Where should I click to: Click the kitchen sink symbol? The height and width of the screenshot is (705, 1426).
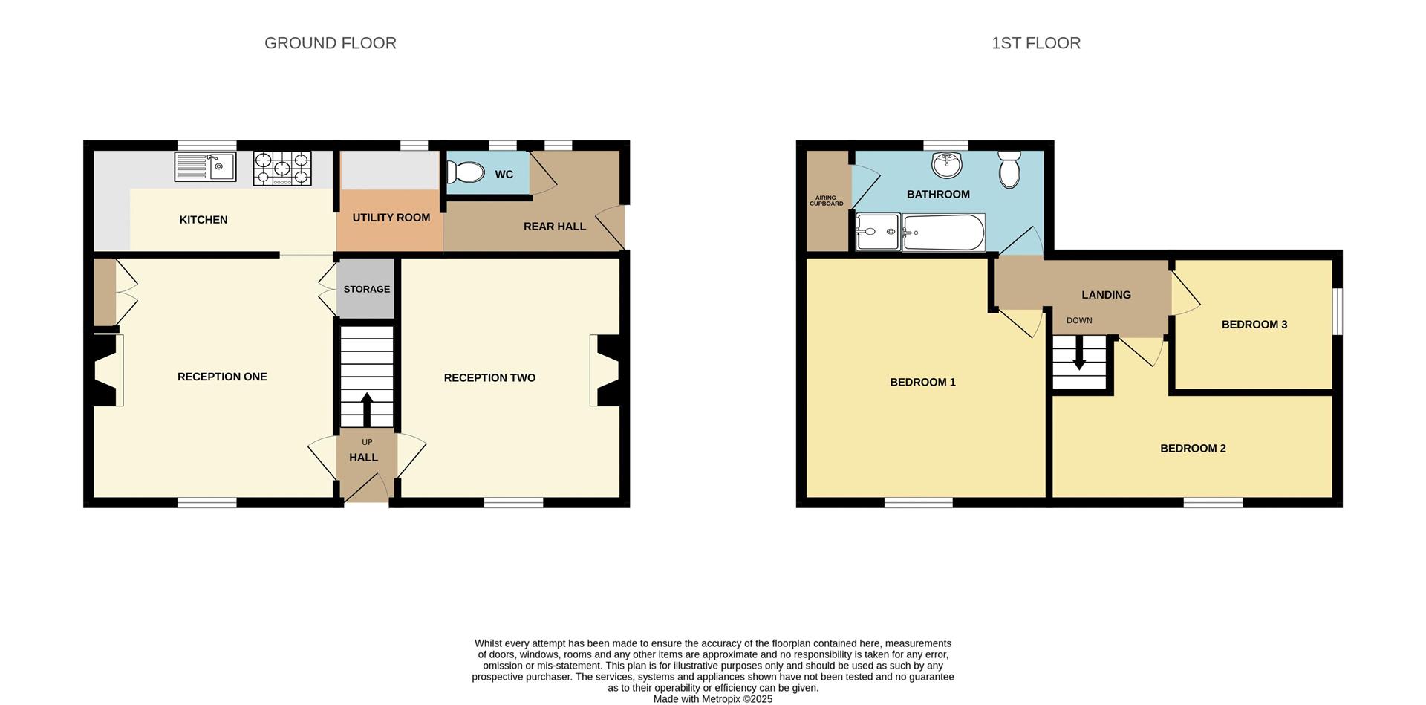pyautogui.click(x=205, y=167)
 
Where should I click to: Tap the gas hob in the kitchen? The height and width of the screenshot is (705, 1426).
pyautogui.click(x=282, y=169)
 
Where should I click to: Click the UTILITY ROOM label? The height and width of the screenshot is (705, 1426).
pyautogui.click(x=391, y=218)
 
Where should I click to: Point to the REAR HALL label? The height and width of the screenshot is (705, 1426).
pyautogui.click(x=554, y=227)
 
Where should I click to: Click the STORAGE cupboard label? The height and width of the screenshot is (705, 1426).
pyautogui.click(x=366, y=289)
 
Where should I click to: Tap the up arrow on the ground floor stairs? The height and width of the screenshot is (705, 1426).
pyautogui.click(x=367, y=408)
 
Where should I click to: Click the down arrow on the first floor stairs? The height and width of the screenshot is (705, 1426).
pyautogui.click(x=1079, y=356)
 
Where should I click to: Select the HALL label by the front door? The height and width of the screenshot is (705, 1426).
pyautogui.click(x=363, y=458)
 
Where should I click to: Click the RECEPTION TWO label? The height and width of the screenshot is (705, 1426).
pyautogui.click(x=489, y=378)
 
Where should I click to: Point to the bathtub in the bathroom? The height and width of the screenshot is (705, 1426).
pyautogui.click(x=943, y=233)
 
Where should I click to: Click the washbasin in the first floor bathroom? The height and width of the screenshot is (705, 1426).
pyautogui.click(x=946, y=165)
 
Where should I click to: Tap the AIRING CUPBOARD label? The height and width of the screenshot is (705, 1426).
pyautogui.click(x=826, y=201)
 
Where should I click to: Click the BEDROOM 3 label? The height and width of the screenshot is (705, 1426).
pyautogui.click(x=1254, y=325)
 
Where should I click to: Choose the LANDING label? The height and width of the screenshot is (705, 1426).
pyautogui.click(x=1106, y=295)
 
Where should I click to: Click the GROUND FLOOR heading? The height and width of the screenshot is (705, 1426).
pyautogui.click(x=331, y=43)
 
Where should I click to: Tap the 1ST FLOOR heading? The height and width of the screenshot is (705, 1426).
pyautogui.click(x=1035, y=43)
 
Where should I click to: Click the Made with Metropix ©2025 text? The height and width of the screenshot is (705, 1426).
pyautogui.click(x=712, y=699)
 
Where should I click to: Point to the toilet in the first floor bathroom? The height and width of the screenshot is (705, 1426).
pyautogui.click(x=1009, y=169)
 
